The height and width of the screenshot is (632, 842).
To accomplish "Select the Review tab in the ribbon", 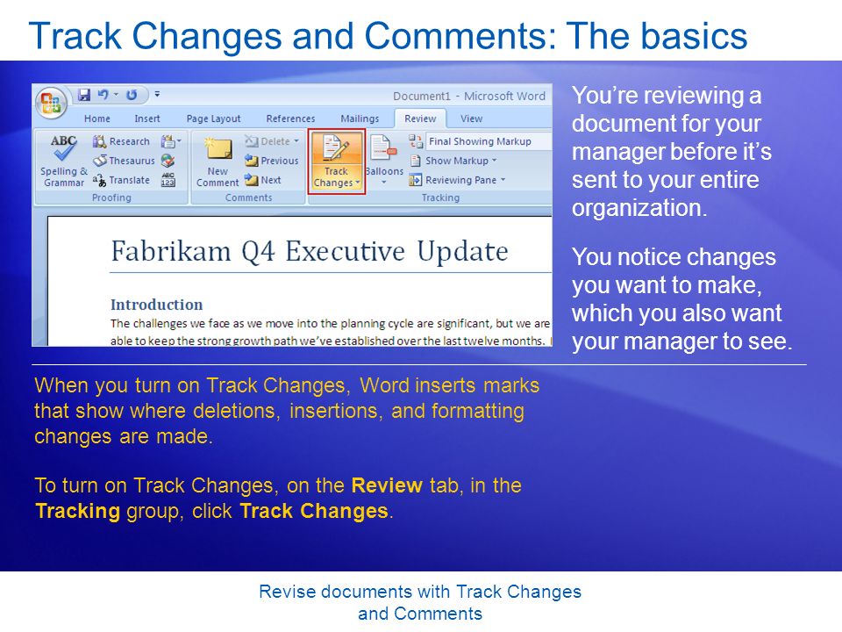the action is tap(420, 118).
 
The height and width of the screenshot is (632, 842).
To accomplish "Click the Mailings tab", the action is tap(360, 118).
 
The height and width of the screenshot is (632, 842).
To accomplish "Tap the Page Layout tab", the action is tap(213, 118).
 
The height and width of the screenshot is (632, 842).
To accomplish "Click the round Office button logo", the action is tap(51, 102).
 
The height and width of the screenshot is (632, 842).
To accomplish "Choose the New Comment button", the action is tap(218, 162).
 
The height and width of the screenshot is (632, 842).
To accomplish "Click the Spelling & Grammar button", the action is tap(64, 162).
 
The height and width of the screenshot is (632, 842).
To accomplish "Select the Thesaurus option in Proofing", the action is tap(124, 161).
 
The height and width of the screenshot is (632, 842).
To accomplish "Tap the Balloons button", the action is tap(383, 162).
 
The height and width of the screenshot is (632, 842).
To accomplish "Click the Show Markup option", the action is tap(453, 161).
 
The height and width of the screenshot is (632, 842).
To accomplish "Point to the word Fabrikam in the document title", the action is tap(171, 251).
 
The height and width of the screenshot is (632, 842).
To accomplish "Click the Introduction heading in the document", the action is tap(157, 305).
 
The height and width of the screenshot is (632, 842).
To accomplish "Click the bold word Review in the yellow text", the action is tap(387, 485).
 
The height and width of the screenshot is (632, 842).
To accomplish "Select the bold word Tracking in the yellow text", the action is tap(78, 512).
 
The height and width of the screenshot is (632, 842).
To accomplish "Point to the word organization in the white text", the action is tap(639, 208).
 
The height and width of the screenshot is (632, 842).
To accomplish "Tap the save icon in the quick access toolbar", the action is tap(84, 95).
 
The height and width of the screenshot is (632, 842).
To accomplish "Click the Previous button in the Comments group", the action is tap(272, 161).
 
